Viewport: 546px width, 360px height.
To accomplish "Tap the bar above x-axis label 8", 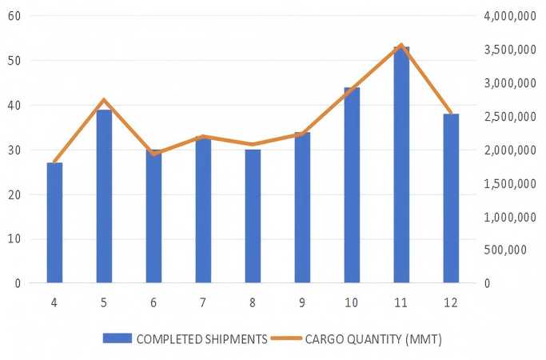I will pyautogui.click(x=253, y=216).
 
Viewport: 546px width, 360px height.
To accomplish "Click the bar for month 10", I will pyautogui.click(x=352, y=185).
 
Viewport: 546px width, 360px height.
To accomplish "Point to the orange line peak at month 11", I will pyautogui.click(x=401, y=45).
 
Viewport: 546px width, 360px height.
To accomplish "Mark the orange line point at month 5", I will pyautogui.click(x=104, y=100).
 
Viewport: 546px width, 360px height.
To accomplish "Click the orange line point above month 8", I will pyautogui.click(x=253, y=145).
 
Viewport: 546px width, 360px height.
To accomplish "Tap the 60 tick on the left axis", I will pyautogui.click(x=14, y=16).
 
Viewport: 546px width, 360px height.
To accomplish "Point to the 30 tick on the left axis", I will pyautogui.click(x=14, y=150).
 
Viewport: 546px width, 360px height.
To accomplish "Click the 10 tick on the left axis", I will pyautogui.click(x=14, y=239).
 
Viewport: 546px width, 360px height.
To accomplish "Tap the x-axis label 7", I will pyautogui.click(x=203, y=302).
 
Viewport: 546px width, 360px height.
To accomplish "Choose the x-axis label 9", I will pyautogui.click(x=302, y=302).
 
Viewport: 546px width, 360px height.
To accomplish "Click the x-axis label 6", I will pyautogui.click(x=153, y=302).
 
